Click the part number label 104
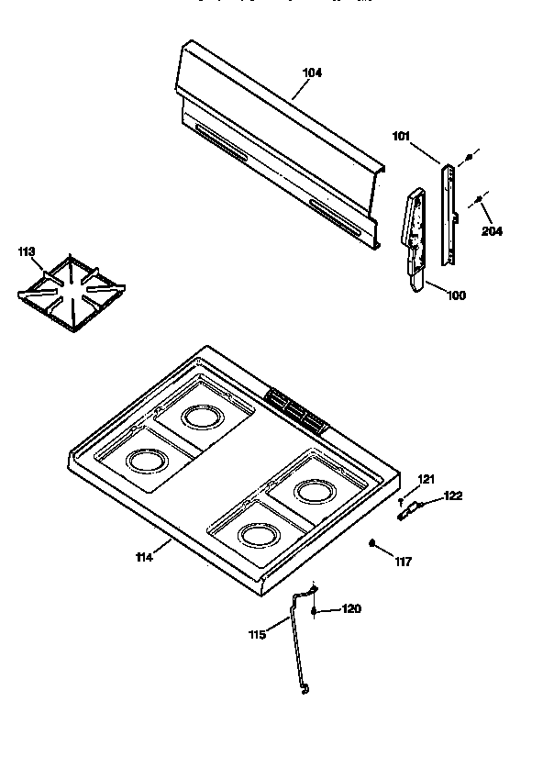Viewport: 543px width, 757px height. (312, 72)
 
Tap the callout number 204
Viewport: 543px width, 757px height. (492, 230)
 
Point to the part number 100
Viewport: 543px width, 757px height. (456, 295)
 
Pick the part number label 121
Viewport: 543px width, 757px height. (426, 479)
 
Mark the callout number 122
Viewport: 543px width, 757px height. (452, 496)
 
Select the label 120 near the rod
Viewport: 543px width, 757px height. (351, 608)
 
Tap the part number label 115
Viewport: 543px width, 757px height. (258, 634)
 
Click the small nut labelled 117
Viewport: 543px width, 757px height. (373, 545)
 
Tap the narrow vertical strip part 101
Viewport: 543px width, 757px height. (449, 214)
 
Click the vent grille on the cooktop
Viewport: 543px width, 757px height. (295, 409)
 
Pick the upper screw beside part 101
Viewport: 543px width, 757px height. (469, 158)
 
